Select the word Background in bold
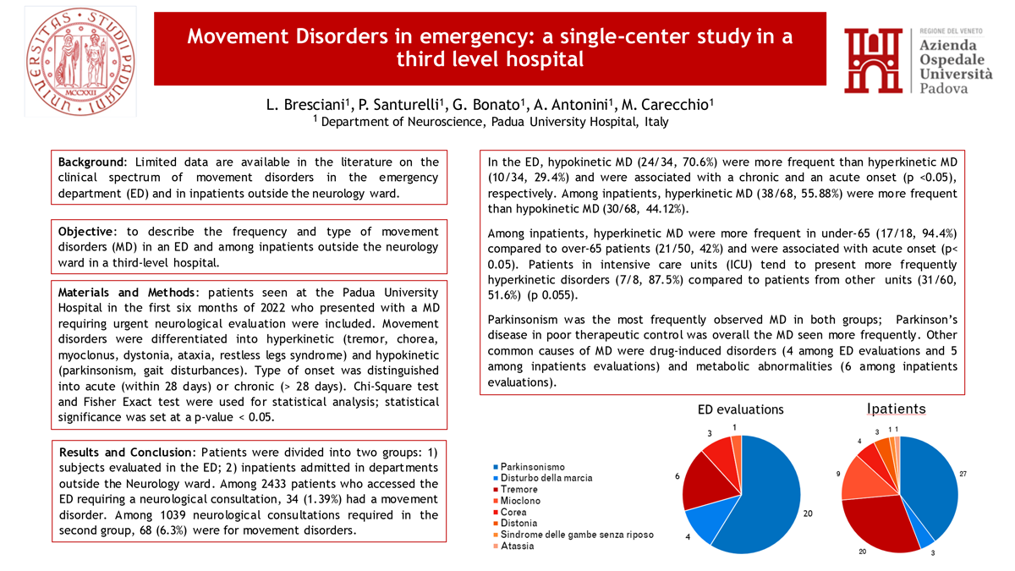(x=91, y=162)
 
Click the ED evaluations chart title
(x=740, y=409)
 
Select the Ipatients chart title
(x=896, y=409)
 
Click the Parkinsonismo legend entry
(x=533, y=467)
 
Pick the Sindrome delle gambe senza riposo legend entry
(x=575, y=535)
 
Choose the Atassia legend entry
(x=518, y=546)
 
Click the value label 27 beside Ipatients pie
(x=963, y=475)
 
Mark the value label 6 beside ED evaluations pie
(x=678, y=476)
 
